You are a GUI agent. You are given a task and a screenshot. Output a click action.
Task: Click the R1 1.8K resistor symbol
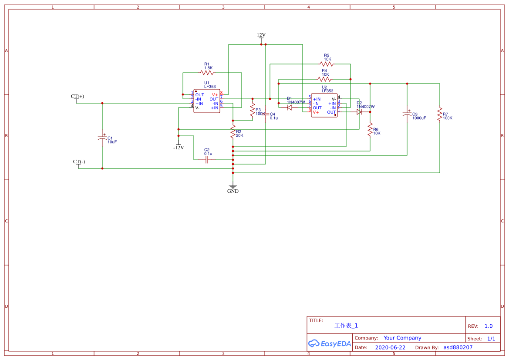tap(208, 73)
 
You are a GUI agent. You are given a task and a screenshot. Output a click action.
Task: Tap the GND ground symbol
tap(233, 188)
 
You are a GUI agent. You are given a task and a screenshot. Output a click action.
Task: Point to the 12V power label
tap(261, 35)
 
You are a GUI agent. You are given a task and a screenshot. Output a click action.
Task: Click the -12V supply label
tap(179, 148)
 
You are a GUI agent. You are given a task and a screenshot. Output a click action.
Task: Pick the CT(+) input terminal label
tap(78, 96)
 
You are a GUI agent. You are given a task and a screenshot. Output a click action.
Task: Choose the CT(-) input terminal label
tap(79, 161)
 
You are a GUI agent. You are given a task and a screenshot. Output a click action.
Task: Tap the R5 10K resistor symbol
tap(327, 64)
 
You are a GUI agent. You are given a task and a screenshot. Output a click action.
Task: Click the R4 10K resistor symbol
tap(324, 79)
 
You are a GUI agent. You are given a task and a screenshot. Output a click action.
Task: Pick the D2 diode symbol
tap(359, 112)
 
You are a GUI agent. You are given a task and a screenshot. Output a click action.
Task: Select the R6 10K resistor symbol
tap(370, 129)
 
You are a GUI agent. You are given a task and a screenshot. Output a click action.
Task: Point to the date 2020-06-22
tap(390, 347)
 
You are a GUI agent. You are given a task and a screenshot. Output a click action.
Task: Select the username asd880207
tap(458, 347)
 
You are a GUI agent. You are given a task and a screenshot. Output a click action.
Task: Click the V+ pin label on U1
tap(215, 94)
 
